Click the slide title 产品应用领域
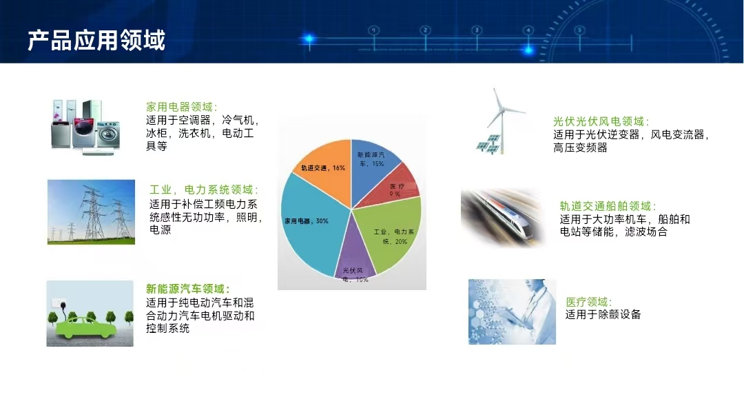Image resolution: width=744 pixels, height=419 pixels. [96, 40]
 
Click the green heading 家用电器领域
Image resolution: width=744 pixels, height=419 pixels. [182, 108]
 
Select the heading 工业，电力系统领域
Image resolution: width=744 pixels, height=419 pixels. [204, 190]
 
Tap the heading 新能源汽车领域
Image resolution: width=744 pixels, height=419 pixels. [188, 289]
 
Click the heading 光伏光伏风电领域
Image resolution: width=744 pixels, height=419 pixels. [601, 121]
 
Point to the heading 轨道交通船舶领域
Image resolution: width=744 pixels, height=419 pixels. [608, 207]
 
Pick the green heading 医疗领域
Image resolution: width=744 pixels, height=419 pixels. [589, 302]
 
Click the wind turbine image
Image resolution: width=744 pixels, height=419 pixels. [500, 121]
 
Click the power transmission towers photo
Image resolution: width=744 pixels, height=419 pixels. [91, 212]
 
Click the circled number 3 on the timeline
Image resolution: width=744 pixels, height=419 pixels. [477, 30]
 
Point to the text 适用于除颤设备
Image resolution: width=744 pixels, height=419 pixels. [603, 315]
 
